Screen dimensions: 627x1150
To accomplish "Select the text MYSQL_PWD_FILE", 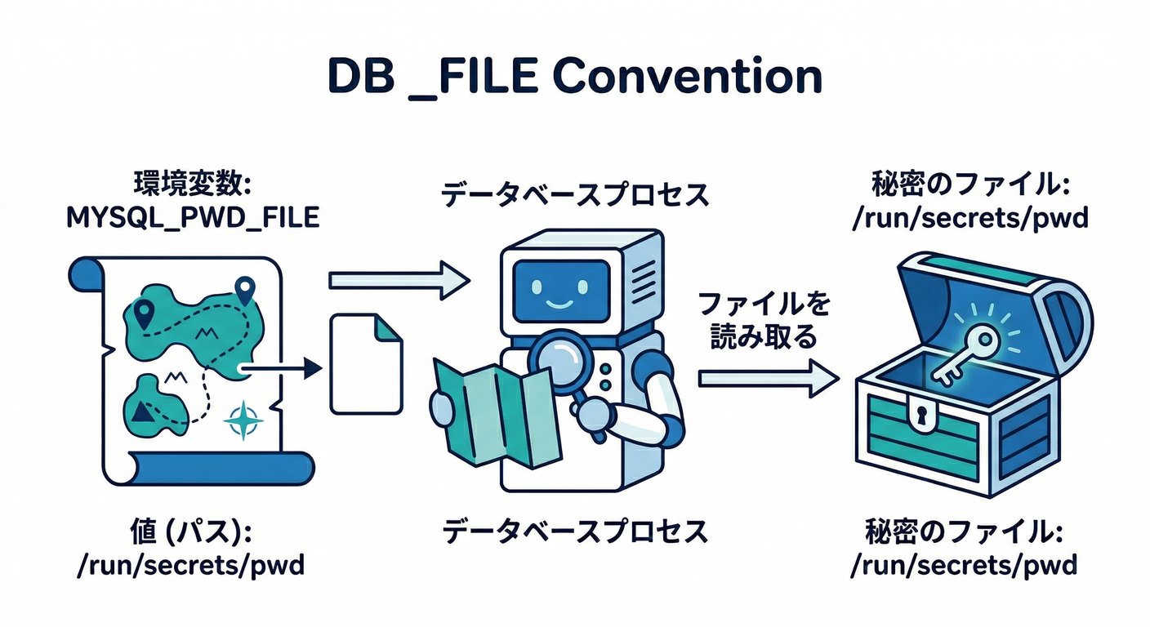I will [x=192, y=220].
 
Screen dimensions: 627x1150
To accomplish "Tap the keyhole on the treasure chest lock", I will [x=921, y=416].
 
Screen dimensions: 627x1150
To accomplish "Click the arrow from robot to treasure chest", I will [x=768, y=378].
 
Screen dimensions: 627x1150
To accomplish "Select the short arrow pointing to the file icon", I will [x=282, y=369].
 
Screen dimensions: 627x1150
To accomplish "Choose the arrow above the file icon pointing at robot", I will [x=399, y=280].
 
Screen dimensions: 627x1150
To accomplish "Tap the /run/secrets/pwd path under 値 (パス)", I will [x=190, y=565].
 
